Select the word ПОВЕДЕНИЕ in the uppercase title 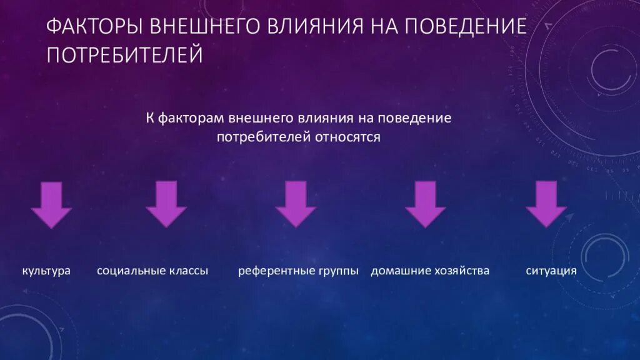(466, 27)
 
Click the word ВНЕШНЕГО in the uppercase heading (202, 27)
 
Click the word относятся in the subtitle (351, 137)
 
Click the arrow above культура (51, 204)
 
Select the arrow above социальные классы (166, 203)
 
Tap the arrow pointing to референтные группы (296, 203)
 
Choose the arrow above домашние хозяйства (425, 203)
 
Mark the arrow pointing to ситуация (546, 203)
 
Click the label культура (46, 271)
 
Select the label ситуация (551, 271)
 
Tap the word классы (188, 271)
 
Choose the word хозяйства (462, 271)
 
